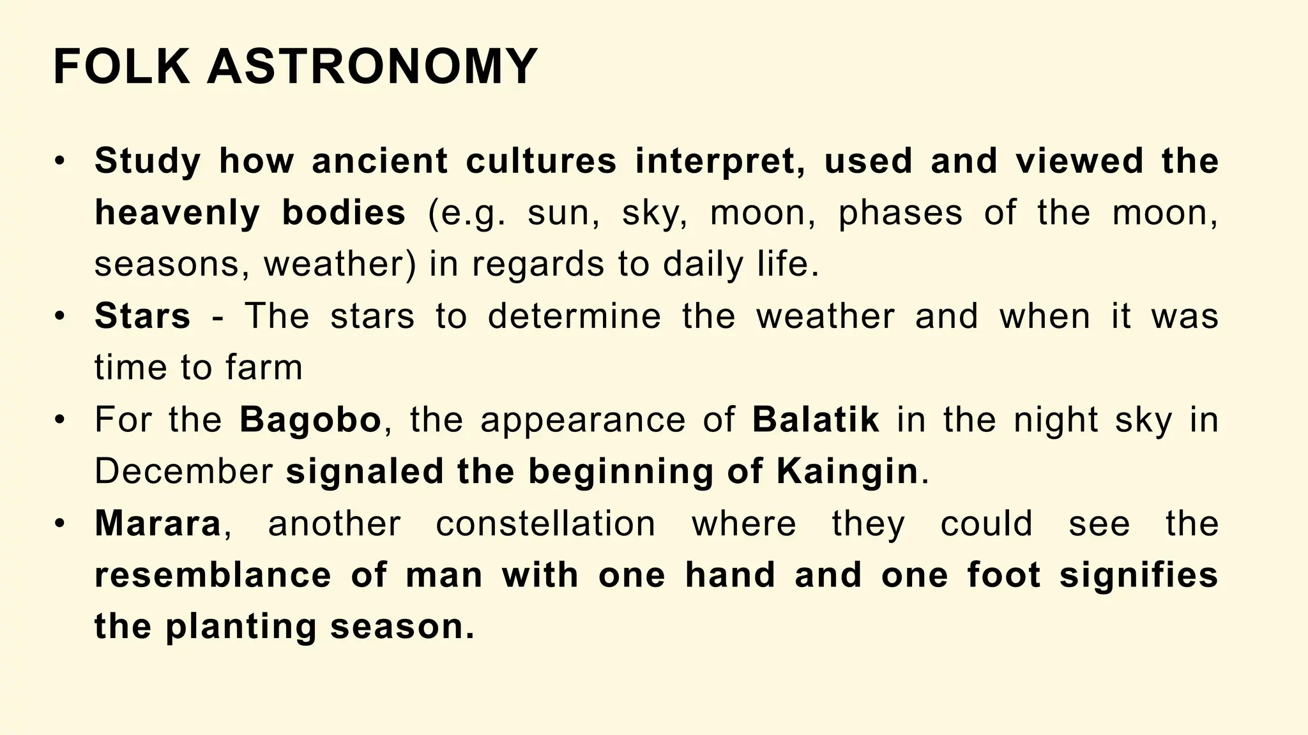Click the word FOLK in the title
tap(121, 67)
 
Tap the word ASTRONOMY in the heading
tap(372, 67)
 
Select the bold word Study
tap(148, 161)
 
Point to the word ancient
tap(379, 161)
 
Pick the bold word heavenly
tap(177, 213)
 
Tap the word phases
tap(900, 213)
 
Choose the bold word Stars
tap(142, 316)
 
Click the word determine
tap(574, 316)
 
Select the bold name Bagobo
tap(310, 420)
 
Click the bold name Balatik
tap(816, 420)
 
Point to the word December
tap(184, 472)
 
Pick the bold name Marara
tap(158, 524)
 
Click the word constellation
tap(545, 524)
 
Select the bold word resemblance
tap(213, 575)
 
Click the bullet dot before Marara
tap(60, 524)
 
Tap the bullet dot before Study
tap(60, 161)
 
